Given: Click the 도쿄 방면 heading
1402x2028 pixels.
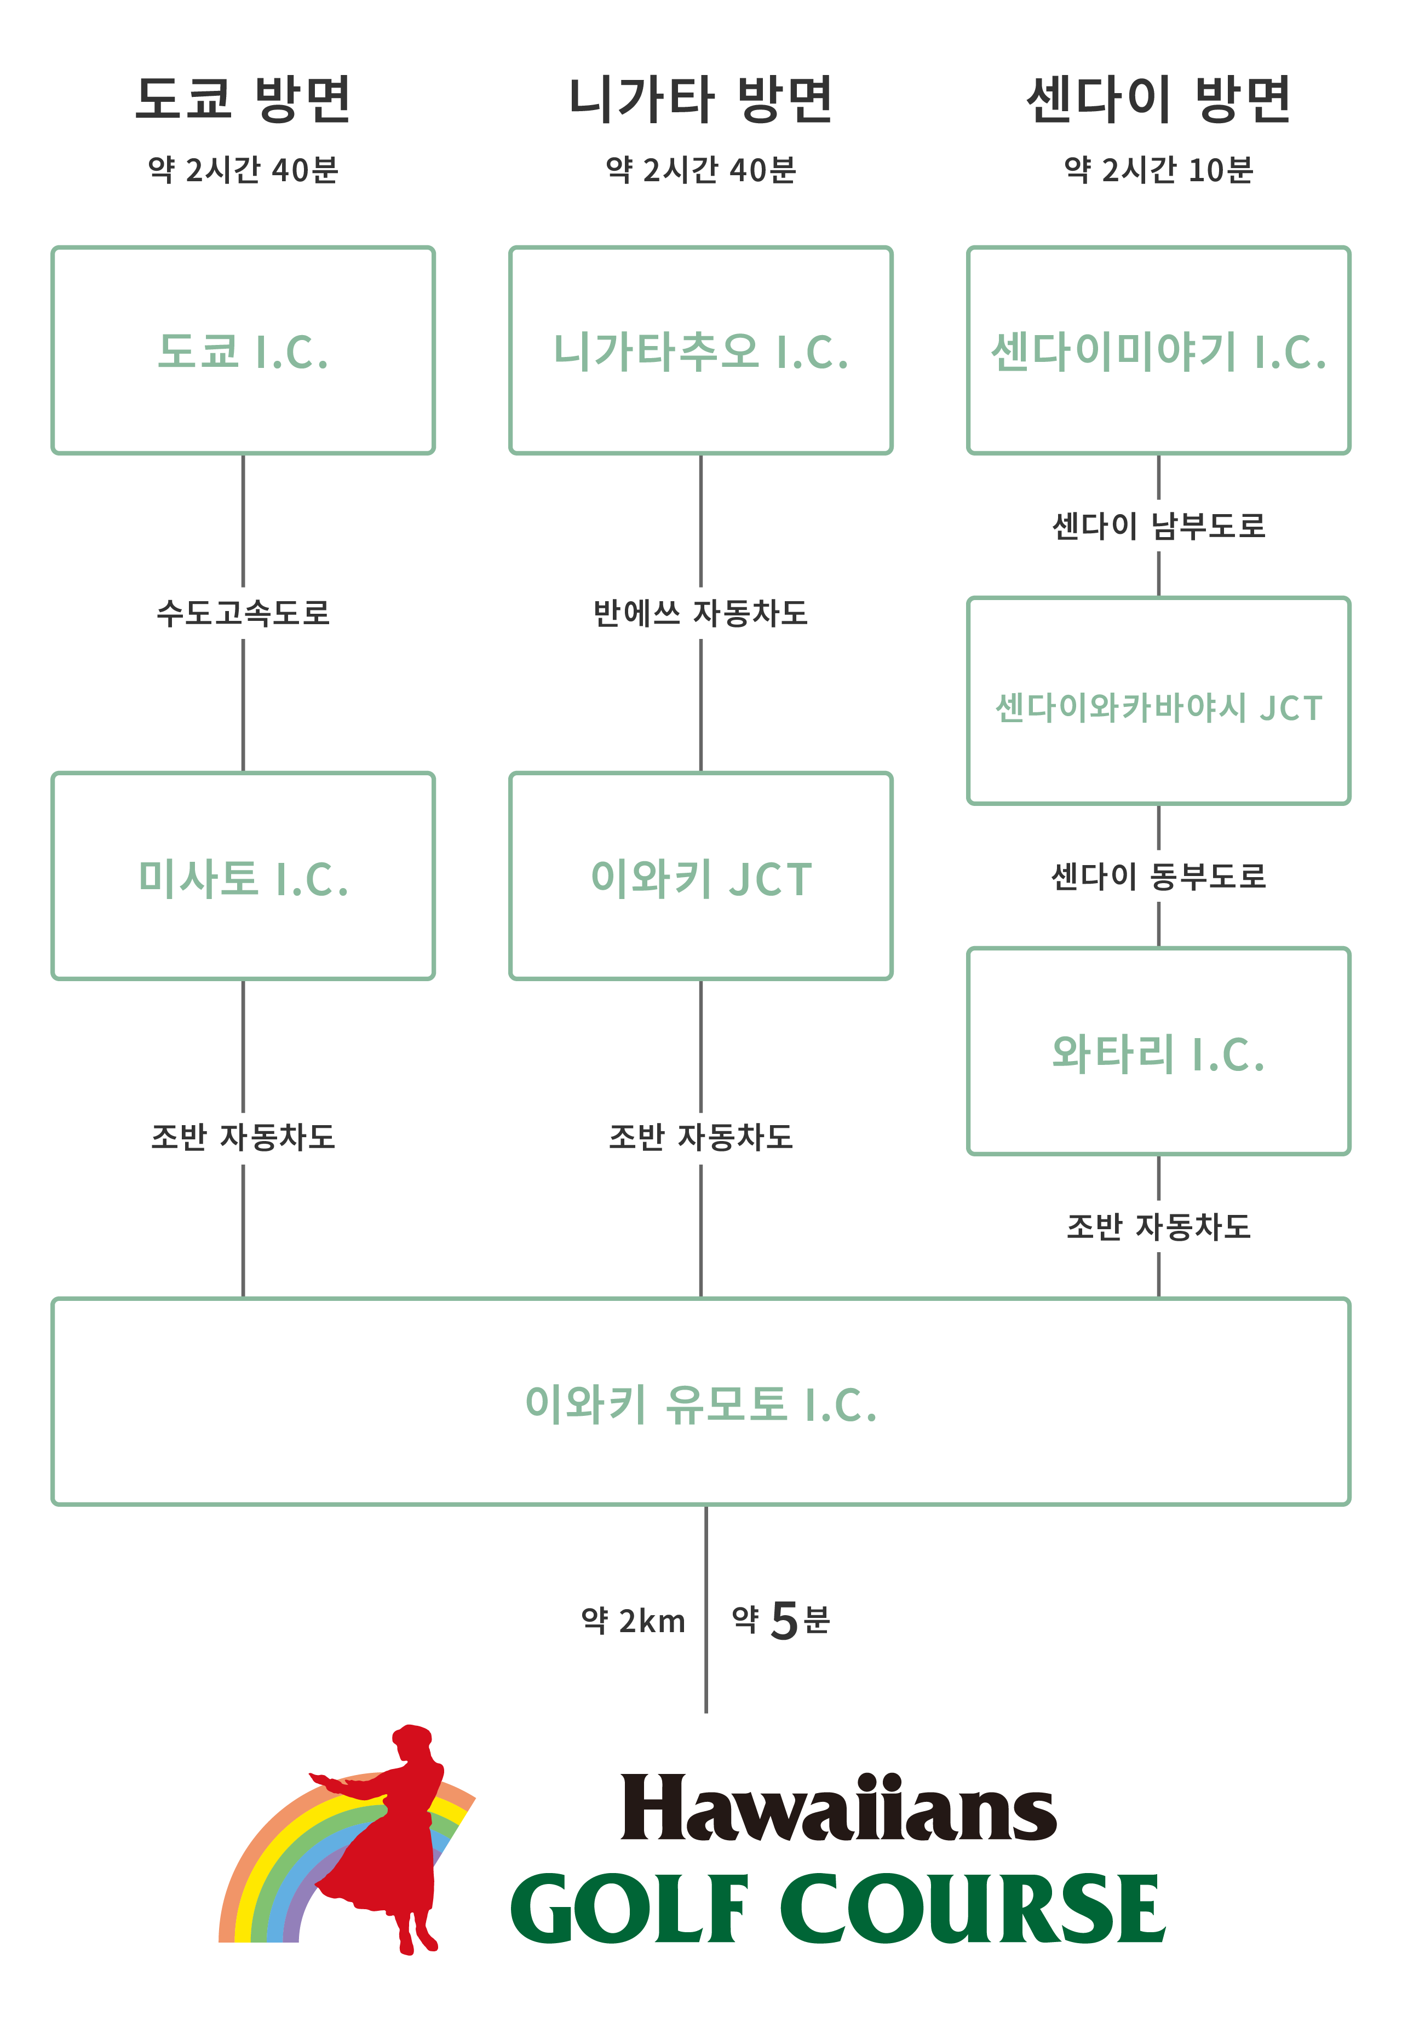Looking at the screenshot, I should [x=243, y=99].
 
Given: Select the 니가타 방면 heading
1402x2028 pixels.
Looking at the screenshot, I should [x=700, y=99].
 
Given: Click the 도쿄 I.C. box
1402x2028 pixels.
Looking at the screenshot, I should [x=243, y=350].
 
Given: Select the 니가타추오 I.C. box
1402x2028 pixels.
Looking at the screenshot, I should [x=700, y=350].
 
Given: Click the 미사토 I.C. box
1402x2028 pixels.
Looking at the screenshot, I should [x=243, y=877].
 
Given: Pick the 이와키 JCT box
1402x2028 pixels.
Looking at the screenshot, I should [x=700, y=877].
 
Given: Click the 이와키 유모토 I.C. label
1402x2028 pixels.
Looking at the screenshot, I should [x=700, y=1403].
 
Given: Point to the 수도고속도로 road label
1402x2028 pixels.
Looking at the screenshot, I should [x=243, y=612].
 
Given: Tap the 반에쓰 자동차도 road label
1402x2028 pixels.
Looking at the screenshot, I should [x=700, y=612].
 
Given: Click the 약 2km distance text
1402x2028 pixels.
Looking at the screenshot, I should [x=633, y=1621].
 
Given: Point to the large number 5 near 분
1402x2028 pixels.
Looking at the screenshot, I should [x=783, y=1621].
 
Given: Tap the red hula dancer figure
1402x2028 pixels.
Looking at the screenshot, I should [x=391, y=1836].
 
